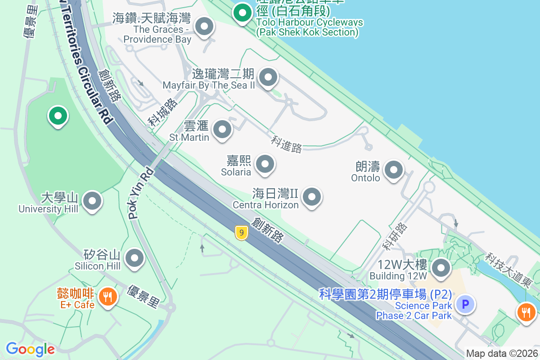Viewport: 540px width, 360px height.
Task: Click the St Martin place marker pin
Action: (222, 130)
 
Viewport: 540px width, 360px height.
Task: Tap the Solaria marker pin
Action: (265, 164)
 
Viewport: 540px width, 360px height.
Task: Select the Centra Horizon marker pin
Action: (311, 197)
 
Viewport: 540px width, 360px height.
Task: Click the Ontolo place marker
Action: (394, 170)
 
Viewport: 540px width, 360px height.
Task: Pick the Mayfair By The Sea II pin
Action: (268, 78)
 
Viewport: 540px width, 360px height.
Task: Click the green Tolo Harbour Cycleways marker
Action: (243, 13)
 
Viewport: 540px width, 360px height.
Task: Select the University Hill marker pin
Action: (93, 202)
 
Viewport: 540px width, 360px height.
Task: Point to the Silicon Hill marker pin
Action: (134, 259)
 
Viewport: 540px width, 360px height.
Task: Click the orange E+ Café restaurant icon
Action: (107, 297)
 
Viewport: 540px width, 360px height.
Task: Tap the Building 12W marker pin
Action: (441, 269)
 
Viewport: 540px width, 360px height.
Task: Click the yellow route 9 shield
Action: (242, 233)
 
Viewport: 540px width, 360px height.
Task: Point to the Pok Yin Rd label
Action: (141, 193)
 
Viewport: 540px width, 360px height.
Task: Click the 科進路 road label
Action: (286, 144)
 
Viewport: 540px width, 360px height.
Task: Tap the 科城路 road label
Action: (163, 113)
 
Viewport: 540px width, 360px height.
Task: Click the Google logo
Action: (30, 349)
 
